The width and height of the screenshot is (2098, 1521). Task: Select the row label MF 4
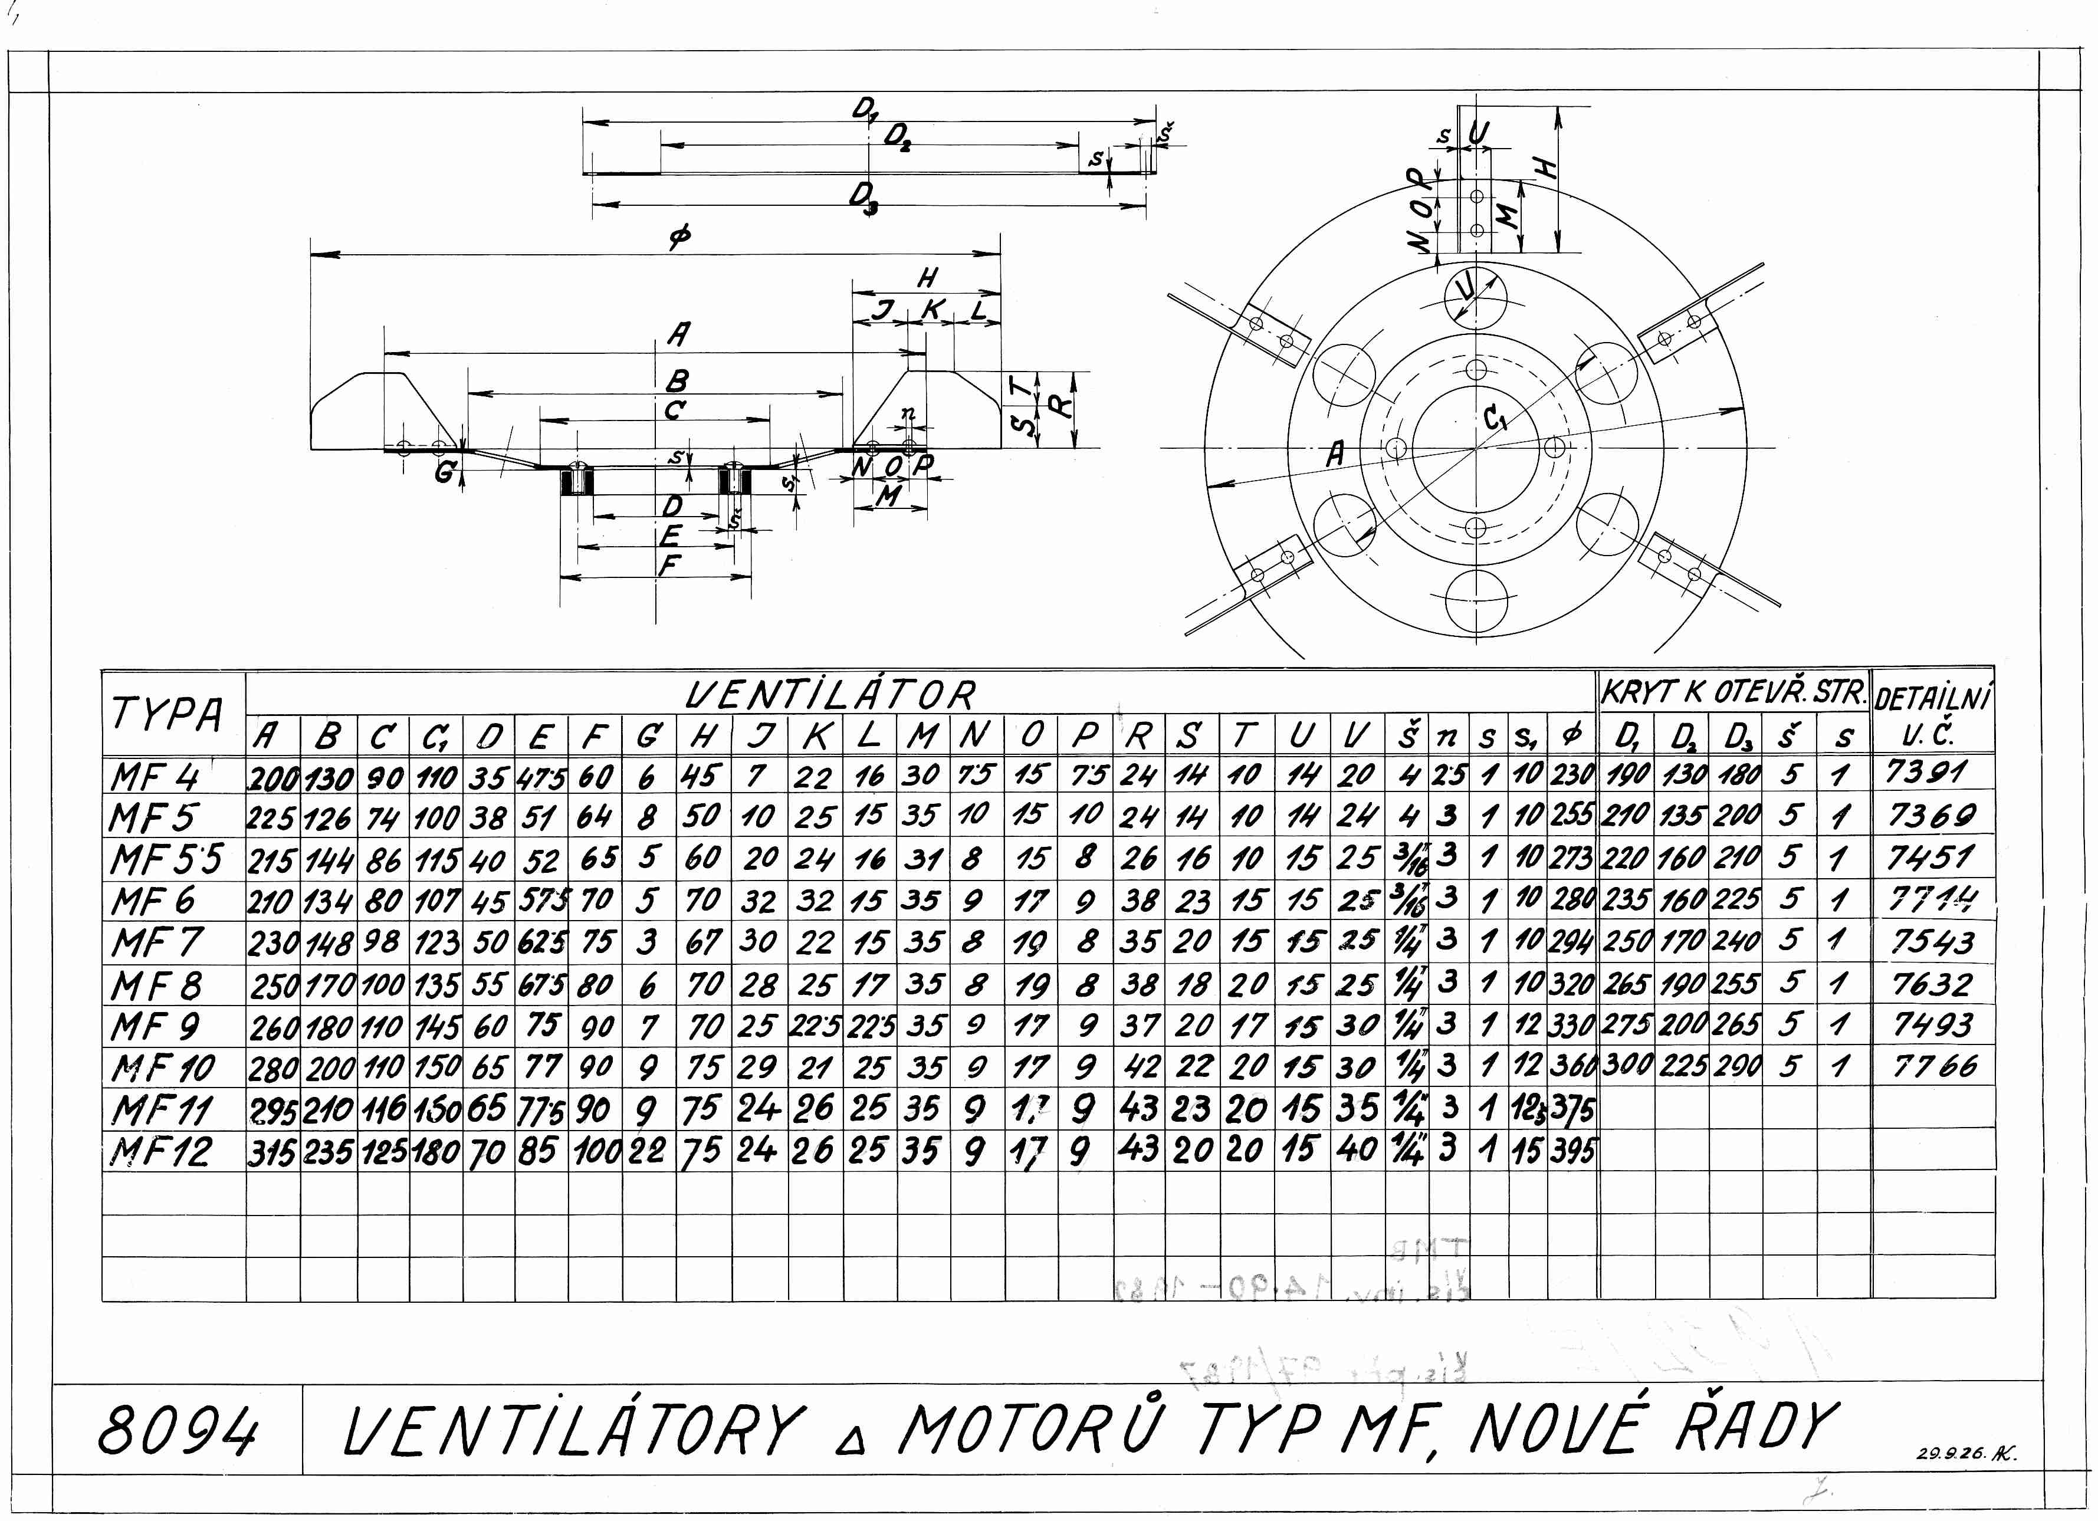pyautogui.click(x=155, y=777)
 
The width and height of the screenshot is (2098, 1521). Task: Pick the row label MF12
pyautogui.click(x=161, y=1152)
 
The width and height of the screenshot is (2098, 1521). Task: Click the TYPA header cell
pyautogui.click(x=168, y=713)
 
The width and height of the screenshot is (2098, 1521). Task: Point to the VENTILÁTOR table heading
pyautogui.click(x=830, y=694)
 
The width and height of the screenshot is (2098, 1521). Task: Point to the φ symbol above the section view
pyautogui.click(x=680, y=239)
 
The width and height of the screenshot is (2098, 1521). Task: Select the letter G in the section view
pyautogui.click(x=445, y=473)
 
